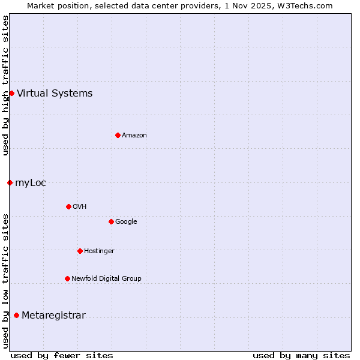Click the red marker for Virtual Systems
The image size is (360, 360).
pyautogui.click(x=11, y=93)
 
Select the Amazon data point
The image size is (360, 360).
pyautogui.click(x=118, y=135)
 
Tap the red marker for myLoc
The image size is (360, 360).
pyautogui.click(x=10, y=182)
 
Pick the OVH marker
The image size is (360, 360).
pyautogui.click(x=68, y=206)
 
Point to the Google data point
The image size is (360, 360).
pyautogui.click(x=111, y=221)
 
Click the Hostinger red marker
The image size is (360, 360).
pyautogui.click(x=80, y=251)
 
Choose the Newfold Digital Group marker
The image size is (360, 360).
pyautogui.click(x=67, y=278)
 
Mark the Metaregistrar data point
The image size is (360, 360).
pyautogui.click(x=16, y=316)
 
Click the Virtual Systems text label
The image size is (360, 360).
pyautogui.click(x=55, y=93)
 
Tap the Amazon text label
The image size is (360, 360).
pyautogui.click(x=134, y=135)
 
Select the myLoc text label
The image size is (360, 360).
pyautogui.click(x=31, y=182)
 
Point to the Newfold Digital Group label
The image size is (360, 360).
pyautogui.click(x=106, y=278)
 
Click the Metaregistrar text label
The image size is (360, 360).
pyautogui.click(x=53, y=316)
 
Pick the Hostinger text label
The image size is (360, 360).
pyautogui.click(x=99, y=251)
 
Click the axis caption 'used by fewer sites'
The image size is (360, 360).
pyautogui.click(x=62, y=355)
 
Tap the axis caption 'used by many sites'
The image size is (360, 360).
pyautogui.click(x=301, y=355)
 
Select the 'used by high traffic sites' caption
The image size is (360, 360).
pyautogui.click(x=5, y=86)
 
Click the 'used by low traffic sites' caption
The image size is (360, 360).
pyautogui.click(x=5, y=280)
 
